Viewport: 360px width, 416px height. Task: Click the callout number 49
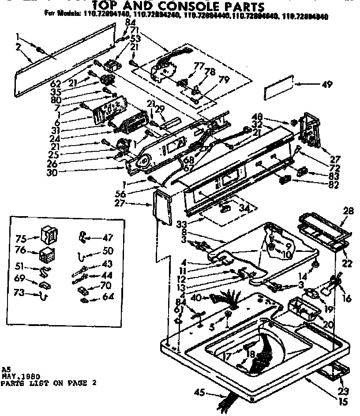[327, 85]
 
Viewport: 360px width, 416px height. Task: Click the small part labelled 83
[302, 171]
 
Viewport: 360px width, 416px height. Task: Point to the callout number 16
[347, 299]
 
